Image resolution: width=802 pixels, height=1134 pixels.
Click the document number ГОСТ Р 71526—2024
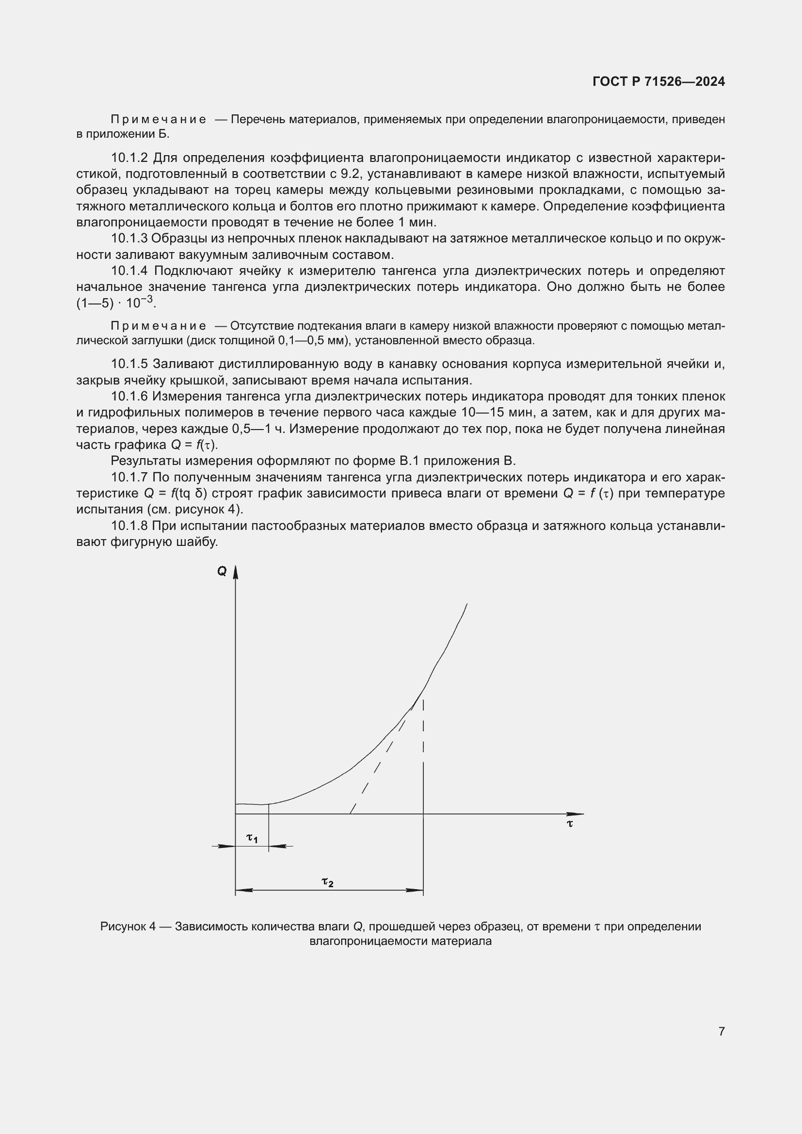point(658,81)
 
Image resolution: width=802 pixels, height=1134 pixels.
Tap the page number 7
point(722,1031)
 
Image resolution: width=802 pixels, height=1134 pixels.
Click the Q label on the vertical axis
point(222,572)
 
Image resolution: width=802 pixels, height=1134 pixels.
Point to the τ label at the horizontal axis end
point(570,824)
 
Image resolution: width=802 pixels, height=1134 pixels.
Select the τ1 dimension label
point(252,838)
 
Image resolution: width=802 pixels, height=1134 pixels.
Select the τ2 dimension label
point(327,881)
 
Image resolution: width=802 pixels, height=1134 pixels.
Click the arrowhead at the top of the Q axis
point(236,573)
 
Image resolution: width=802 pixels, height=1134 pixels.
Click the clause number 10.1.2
point(129,158)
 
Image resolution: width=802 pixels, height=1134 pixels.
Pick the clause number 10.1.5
point(129,364)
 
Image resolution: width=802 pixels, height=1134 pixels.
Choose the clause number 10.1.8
point(129,526)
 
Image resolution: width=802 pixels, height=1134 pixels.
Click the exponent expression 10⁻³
point(140,302)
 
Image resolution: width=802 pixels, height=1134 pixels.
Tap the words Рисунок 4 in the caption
point(128,926)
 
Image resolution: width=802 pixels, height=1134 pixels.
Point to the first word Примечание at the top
point(158,120)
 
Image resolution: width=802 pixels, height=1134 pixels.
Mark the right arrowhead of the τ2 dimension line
point(415,890)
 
